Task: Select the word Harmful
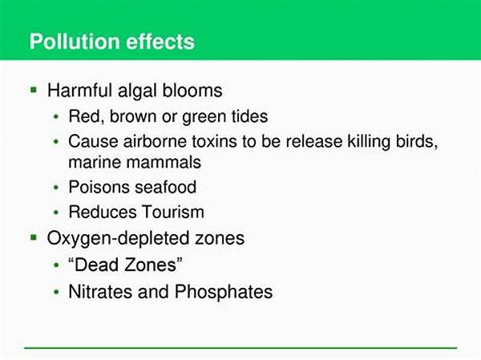[x=79, y=91]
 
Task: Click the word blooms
[x=192, y=91]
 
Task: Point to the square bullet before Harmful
[x=34, y=90]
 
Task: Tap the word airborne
[x=155, y=141]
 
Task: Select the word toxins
[x=214, y=141]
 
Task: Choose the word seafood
[x=166, y=187]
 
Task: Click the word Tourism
[x=172, y=212]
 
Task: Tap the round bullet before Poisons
[x=56, y=187]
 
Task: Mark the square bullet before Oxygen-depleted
[x=34, y=237]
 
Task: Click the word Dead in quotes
[x=97, y=265]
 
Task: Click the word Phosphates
[x=224, y=291]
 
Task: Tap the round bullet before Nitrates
[x=56, y=292]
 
